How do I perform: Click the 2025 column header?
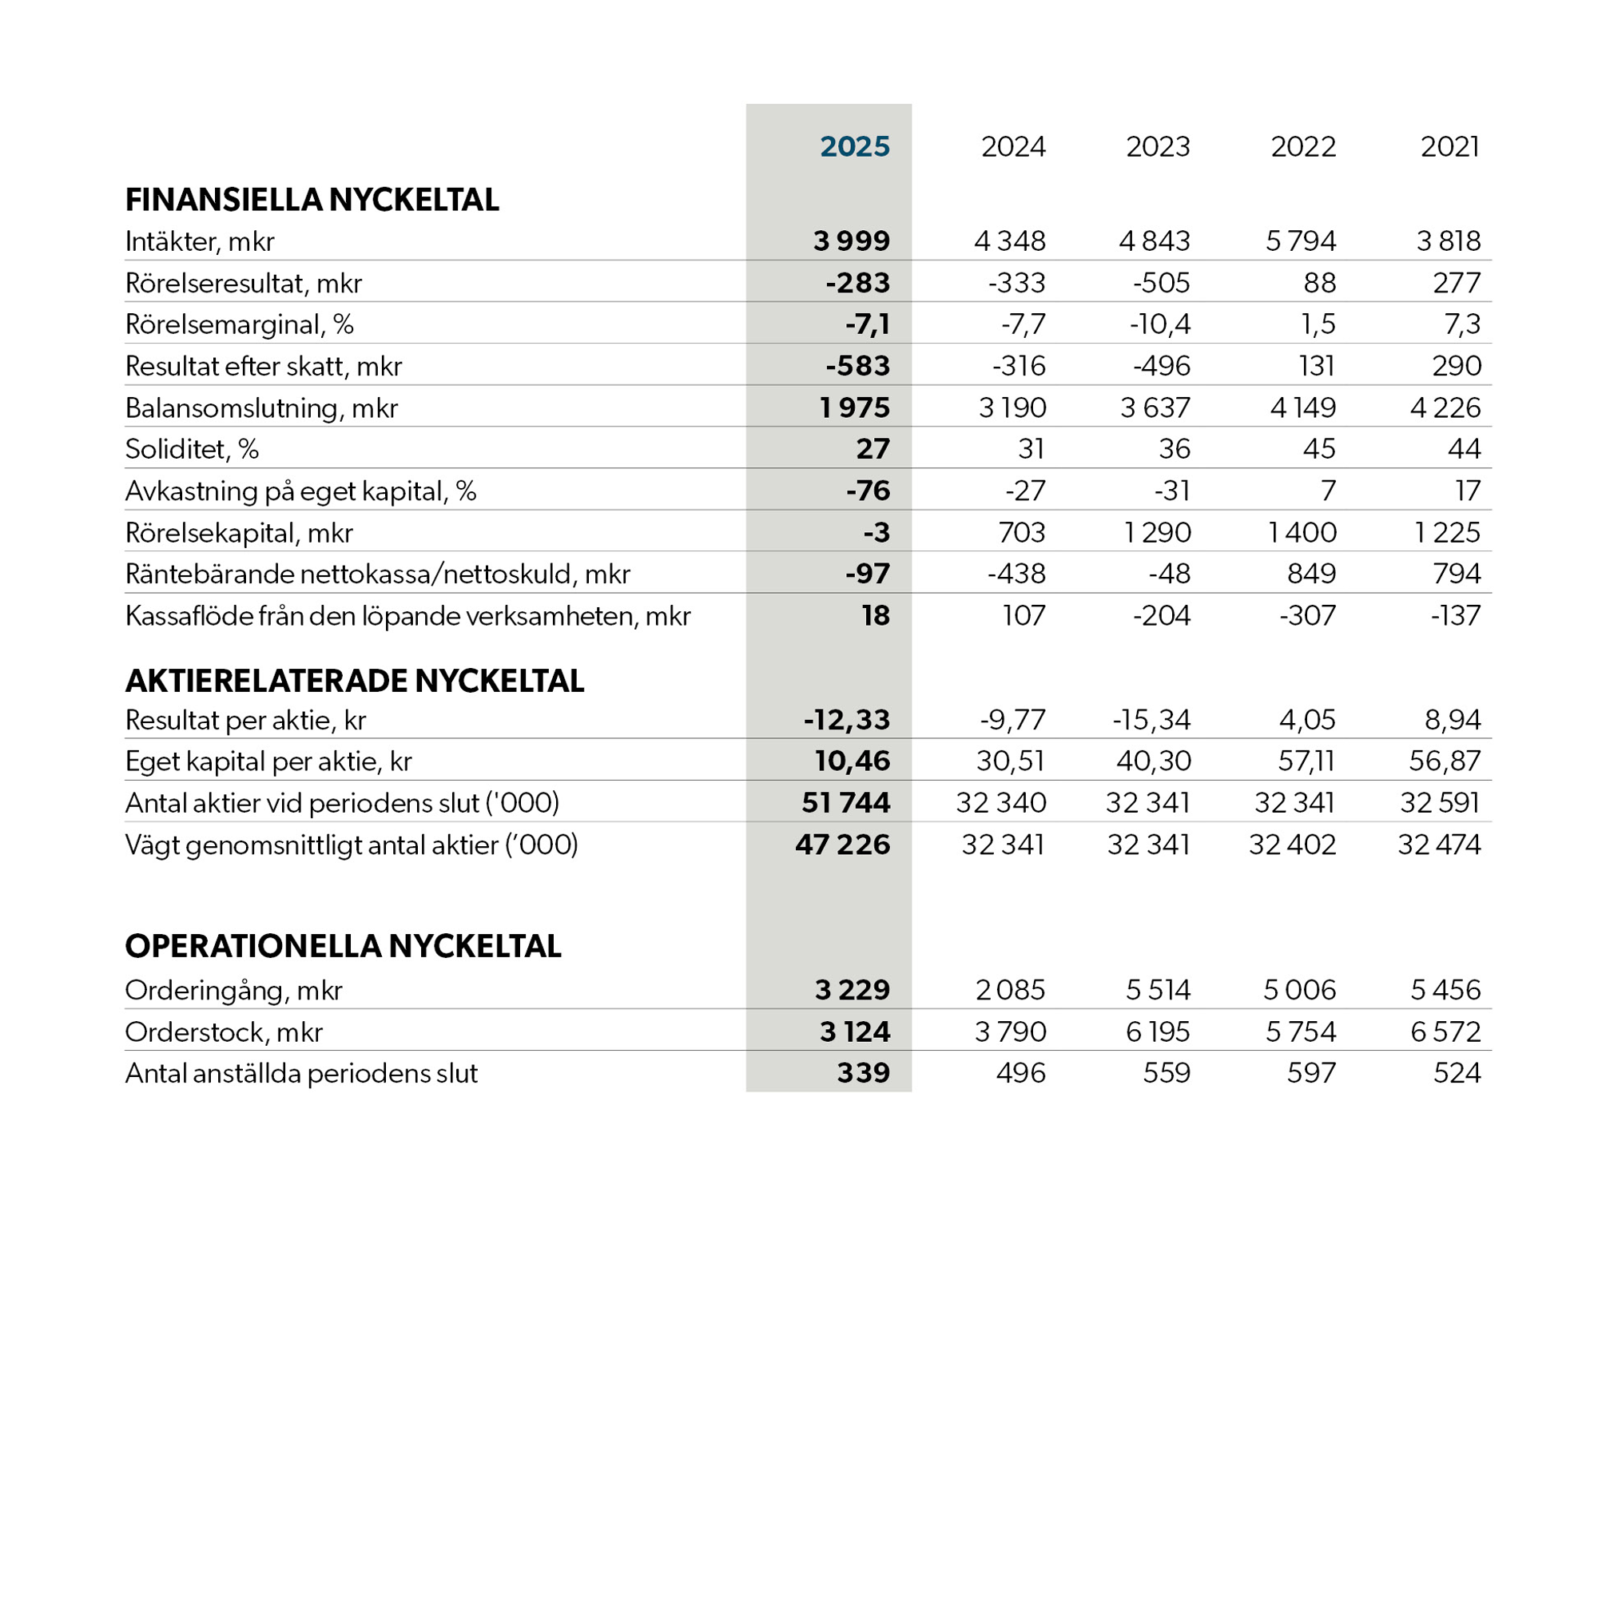[854, 146]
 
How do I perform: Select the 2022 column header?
[1302, 146]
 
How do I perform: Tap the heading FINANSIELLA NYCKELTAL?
[312, 201]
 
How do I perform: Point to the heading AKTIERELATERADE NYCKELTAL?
[354, 681]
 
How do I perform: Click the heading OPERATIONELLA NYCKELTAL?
[343, 946]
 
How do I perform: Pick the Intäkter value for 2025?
[851, 240]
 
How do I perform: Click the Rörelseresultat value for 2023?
[1161, 283]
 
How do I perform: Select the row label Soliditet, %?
[192, 449]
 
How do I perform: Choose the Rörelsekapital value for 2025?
[876, 532]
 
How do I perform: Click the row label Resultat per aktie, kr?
[244, 721]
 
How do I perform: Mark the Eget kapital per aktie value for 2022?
[1306, 761]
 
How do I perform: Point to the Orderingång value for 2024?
[1010, 990]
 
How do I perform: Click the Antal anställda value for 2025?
[863, 1073]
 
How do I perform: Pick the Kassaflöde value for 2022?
[1307, 615]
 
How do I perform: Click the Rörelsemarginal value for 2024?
[1024, 324]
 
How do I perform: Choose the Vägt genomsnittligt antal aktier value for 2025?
[842, 845]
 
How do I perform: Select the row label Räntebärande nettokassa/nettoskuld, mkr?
[377, 574]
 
